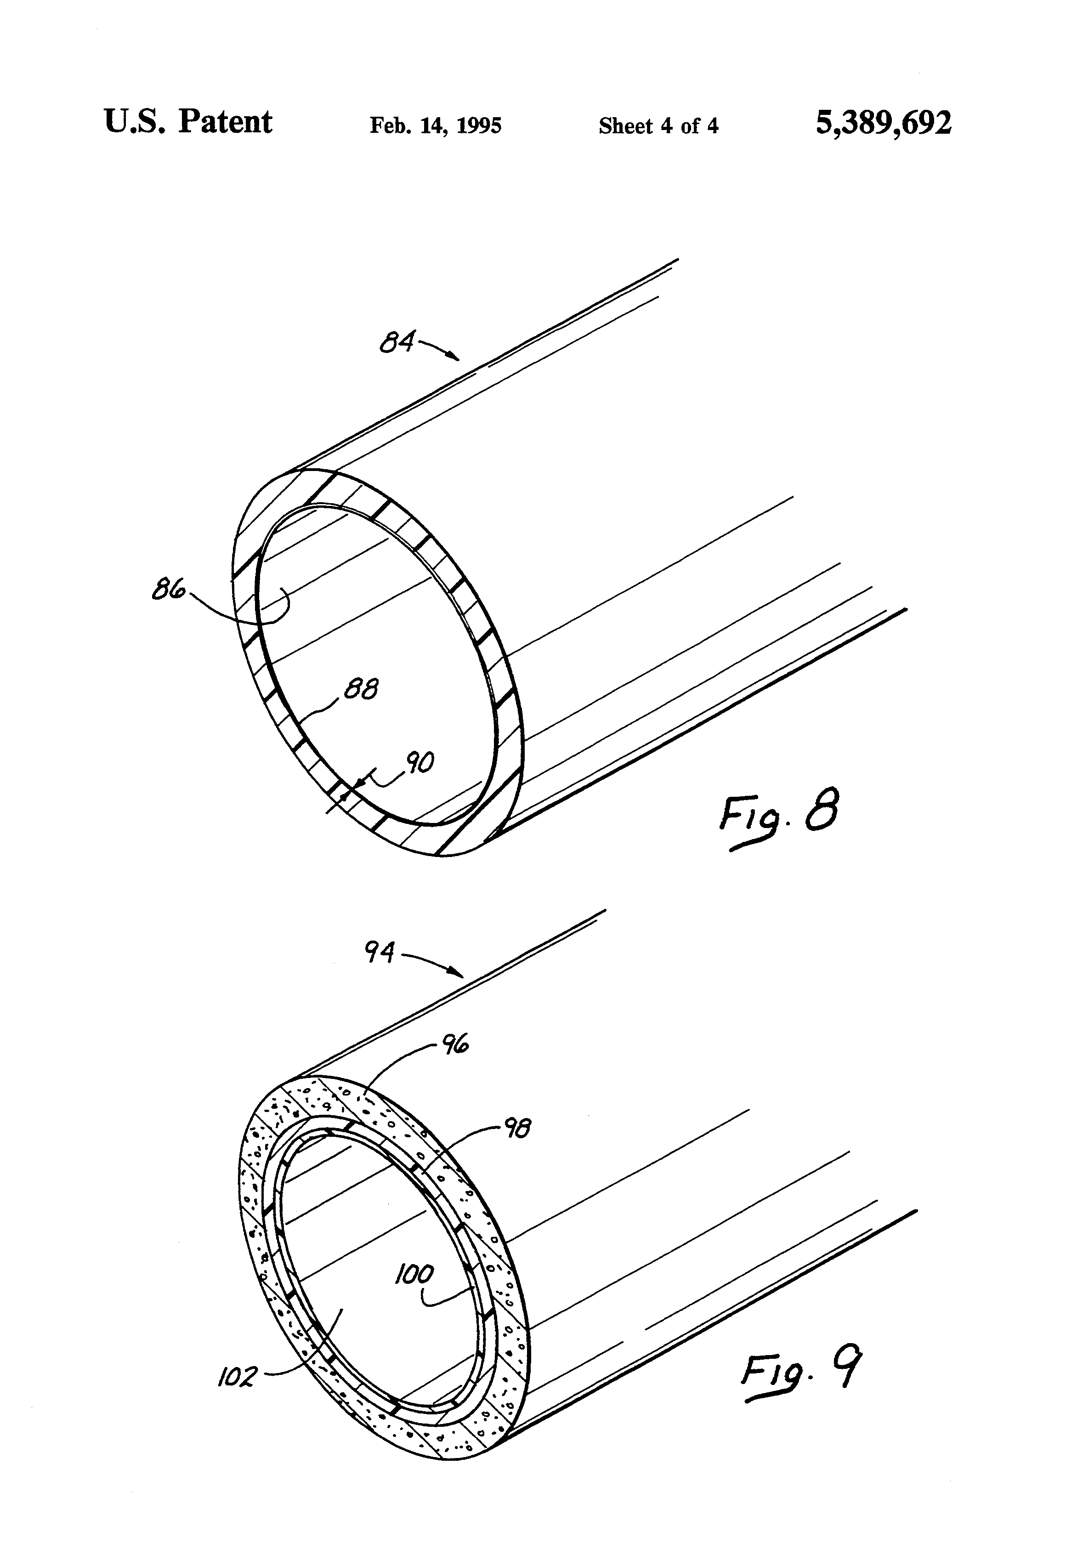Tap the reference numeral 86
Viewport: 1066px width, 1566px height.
[169, 590]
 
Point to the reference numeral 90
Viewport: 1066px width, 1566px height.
[419, 763]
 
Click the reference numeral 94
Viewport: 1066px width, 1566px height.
[380, 952]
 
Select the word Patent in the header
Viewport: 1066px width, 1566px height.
[225, 123]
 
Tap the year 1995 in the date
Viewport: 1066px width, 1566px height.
[479, 126]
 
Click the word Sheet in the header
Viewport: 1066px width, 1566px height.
[626, 126]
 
